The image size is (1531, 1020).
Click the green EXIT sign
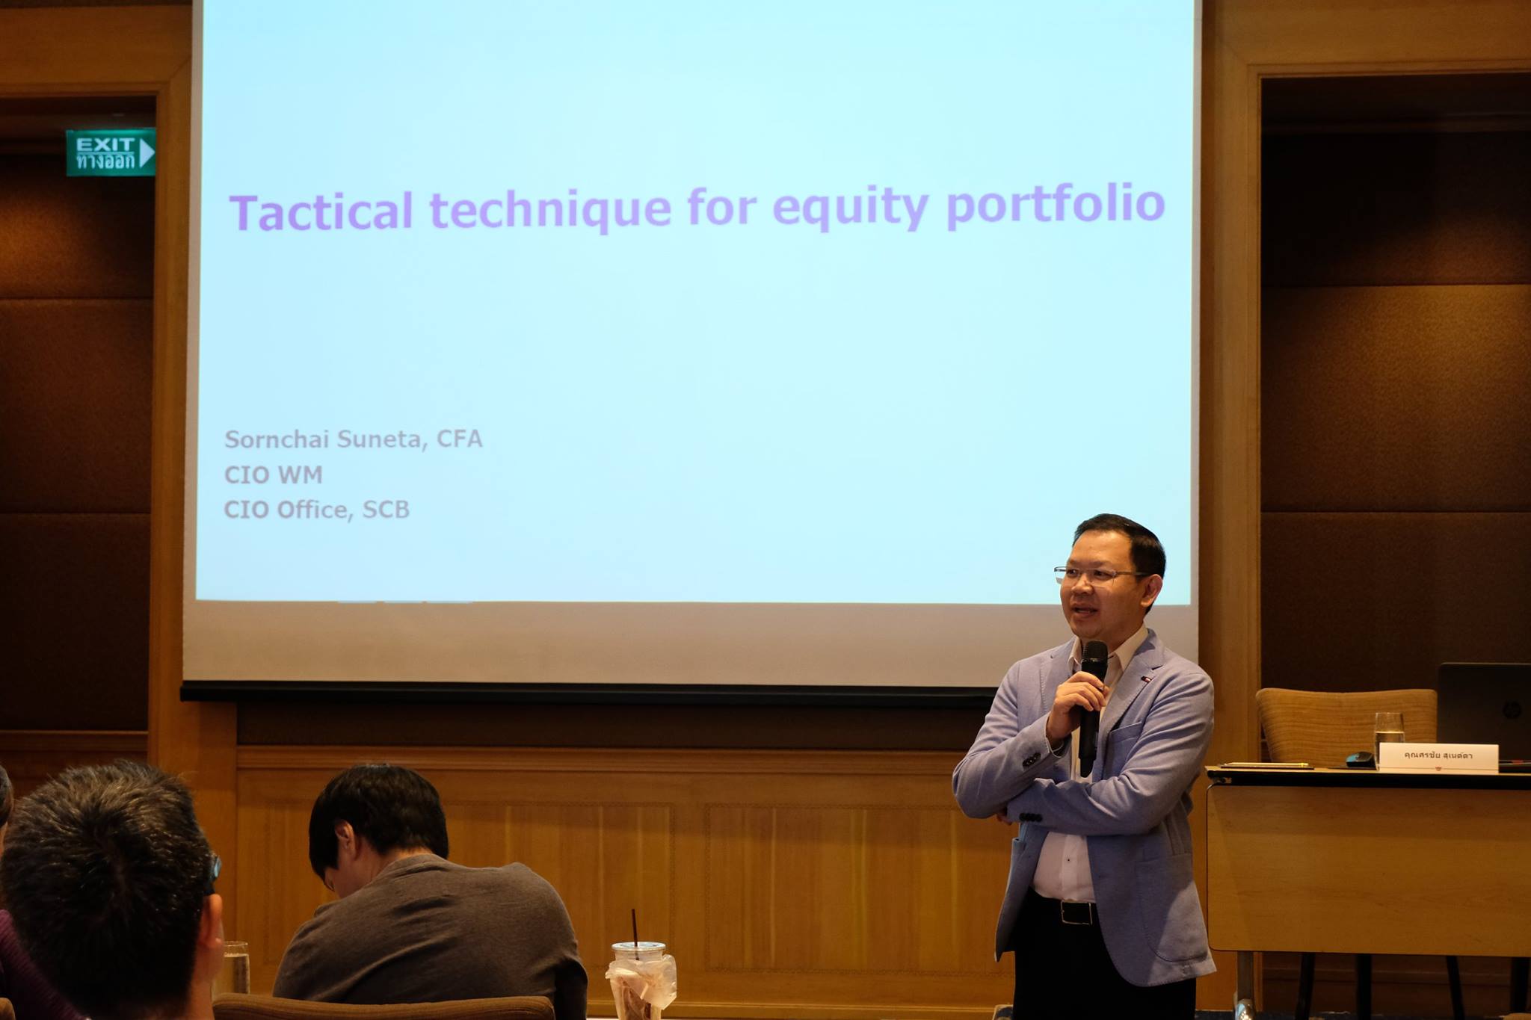[x=111, y=152]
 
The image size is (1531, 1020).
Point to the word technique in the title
[x=550, y=208]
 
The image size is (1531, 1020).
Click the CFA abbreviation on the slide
[x=459, y=439]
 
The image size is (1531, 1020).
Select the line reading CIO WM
[x=273, y=475]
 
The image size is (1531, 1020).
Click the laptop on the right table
[x=1483, y=713]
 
